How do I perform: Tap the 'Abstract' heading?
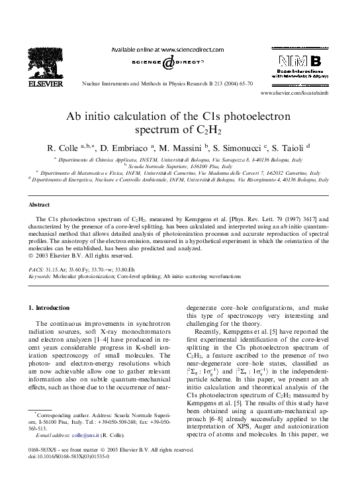click(42, 205)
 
